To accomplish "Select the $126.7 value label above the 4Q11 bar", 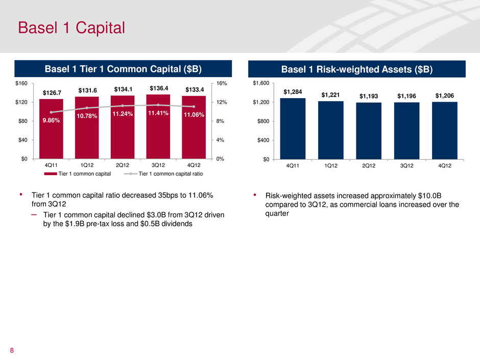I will click(x=52, y=93).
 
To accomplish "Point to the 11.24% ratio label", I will click(x=123, y=114).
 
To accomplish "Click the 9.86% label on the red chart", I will click(x=51, y=122).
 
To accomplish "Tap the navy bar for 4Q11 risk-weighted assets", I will click(x=293, y=128).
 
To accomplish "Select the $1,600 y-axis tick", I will click(x=263, y=84).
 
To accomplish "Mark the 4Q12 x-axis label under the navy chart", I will click(x=444, y=165).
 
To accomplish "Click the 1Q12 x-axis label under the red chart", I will click(x=87, y=165).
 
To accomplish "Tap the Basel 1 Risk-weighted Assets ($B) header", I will click(x=357, y=69).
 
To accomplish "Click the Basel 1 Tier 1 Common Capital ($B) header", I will click(x=123, y=69).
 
